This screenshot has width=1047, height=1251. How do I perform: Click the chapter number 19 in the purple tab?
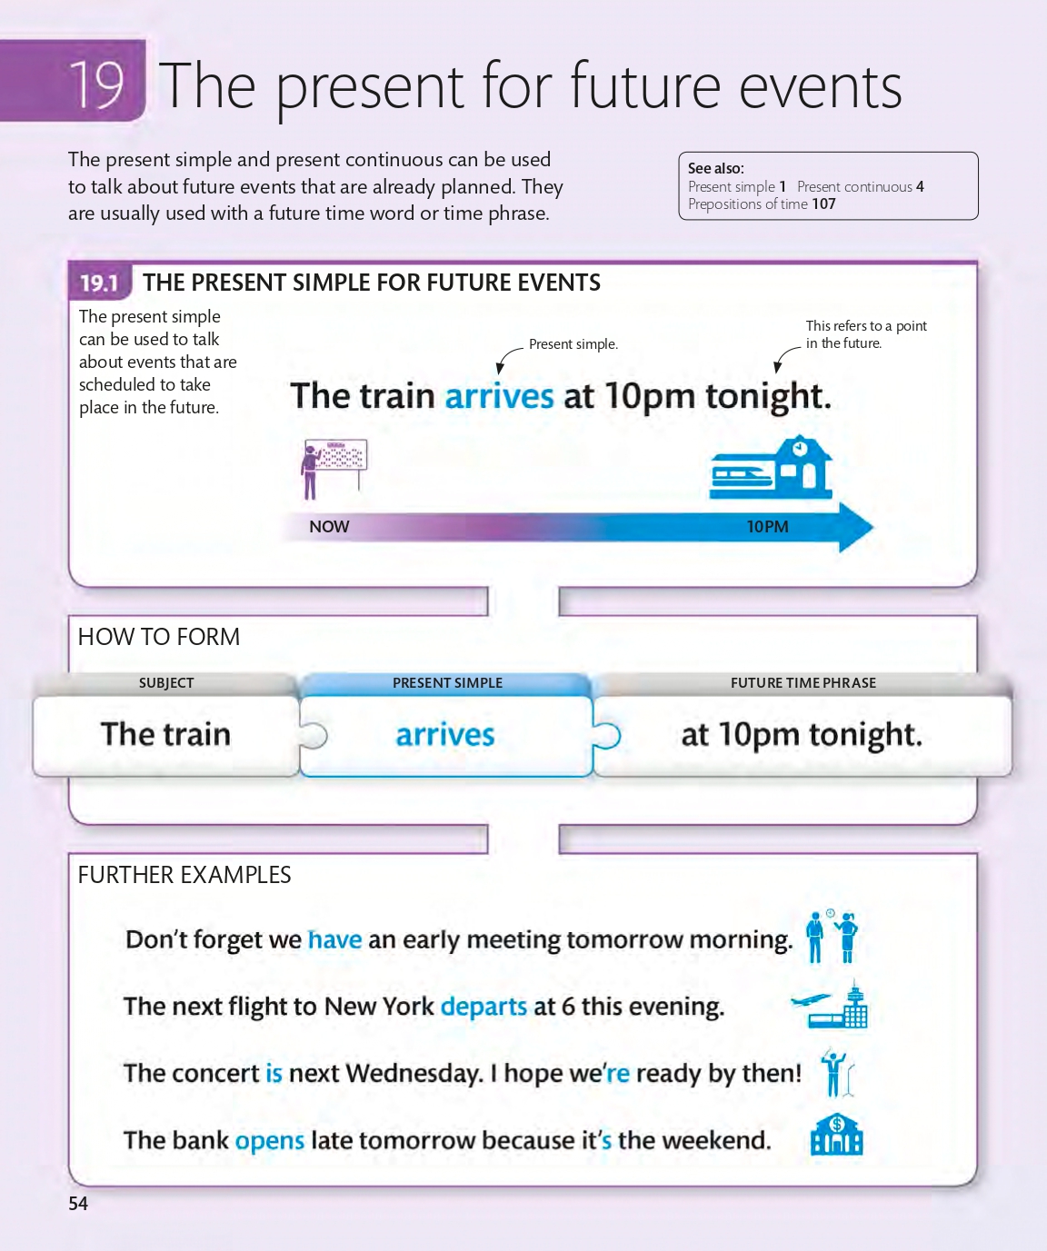(96, 84)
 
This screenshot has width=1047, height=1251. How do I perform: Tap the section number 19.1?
(99, 283)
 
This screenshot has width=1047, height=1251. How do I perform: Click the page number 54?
(78, 1203)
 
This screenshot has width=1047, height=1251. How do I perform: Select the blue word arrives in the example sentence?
(499, 396)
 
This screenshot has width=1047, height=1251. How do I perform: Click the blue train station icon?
(771, 467)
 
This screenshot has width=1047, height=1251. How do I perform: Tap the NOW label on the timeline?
(329, 527)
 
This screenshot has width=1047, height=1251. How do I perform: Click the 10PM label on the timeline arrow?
(767, 527)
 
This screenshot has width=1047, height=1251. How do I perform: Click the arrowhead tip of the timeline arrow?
(873, 527)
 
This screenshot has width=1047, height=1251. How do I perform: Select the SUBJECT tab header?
(166, 683)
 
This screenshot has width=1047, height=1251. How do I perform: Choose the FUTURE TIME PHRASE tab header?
(803, 683)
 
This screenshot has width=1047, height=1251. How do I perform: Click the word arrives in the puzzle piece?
(445, 735)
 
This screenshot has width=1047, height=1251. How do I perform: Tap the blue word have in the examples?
(334, 939)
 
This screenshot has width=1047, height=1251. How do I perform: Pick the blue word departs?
(484, 1008)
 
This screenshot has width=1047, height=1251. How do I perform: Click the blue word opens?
(270, 1141)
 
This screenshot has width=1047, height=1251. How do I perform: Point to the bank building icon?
(837, 1134)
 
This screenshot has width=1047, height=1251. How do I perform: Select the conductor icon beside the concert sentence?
(837, 1072)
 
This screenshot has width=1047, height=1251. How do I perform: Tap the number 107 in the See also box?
(823, 204)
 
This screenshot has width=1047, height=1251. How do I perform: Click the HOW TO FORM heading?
(159, 637)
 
